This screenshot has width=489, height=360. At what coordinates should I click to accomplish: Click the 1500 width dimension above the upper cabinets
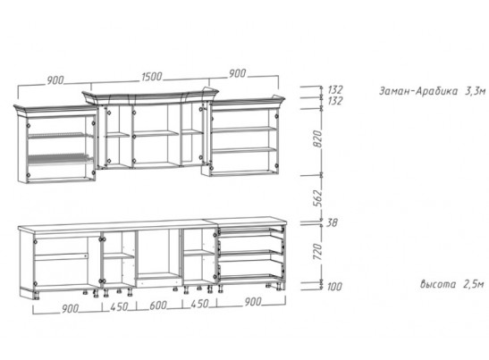click(152, 77)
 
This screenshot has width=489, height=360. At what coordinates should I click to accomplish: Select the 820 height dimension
click(316, 139)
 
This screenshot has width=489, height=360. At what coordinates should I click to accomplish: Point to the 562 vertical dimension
click(316, 197)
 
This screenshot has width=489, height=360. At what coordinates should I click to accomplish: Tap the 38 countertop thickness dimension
click(332, 222)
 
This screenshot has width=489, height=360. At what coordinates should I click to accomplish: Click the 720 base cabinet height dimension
click(316, 252)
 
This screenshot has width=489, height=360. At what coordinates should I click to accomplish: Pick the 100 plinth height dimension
click(334, 286)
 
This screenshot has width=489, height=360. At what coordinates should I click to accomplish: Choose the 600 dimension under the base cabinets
click(158, 306)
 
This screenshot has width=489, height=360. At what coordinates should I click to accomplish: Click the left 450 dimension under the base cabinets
click(119, 307)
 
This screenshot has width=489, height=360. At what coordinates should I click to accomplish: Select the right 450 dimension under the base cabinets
click(199, 304)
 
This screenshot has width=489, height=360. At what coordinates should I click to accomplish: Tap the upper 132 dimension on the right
click(335, 89)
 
